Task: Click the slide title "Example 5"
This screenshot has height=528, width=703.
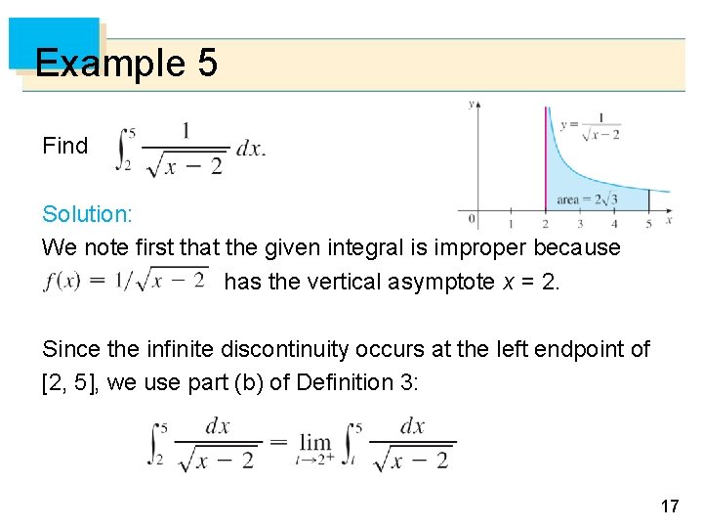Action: tap(125, 65)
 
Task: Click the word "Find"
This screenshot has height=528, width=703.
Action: tap(65, 146)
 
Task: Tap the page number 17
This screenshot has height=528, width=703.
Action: tap(669, 506)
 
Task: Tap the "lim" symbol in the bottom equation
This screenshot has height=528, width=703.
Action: tap(315, 442)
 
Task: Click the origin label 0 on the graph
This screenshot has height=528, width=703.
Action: tap(472, 218)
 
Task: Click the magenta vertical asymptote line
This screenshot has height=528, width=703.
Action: tap(546, 156)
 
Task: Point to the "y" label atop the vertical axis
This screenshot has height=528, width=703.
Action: tap(473, 102)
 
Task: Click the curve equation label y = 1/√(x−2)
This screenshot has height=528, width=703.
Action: tap(591, 126)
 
